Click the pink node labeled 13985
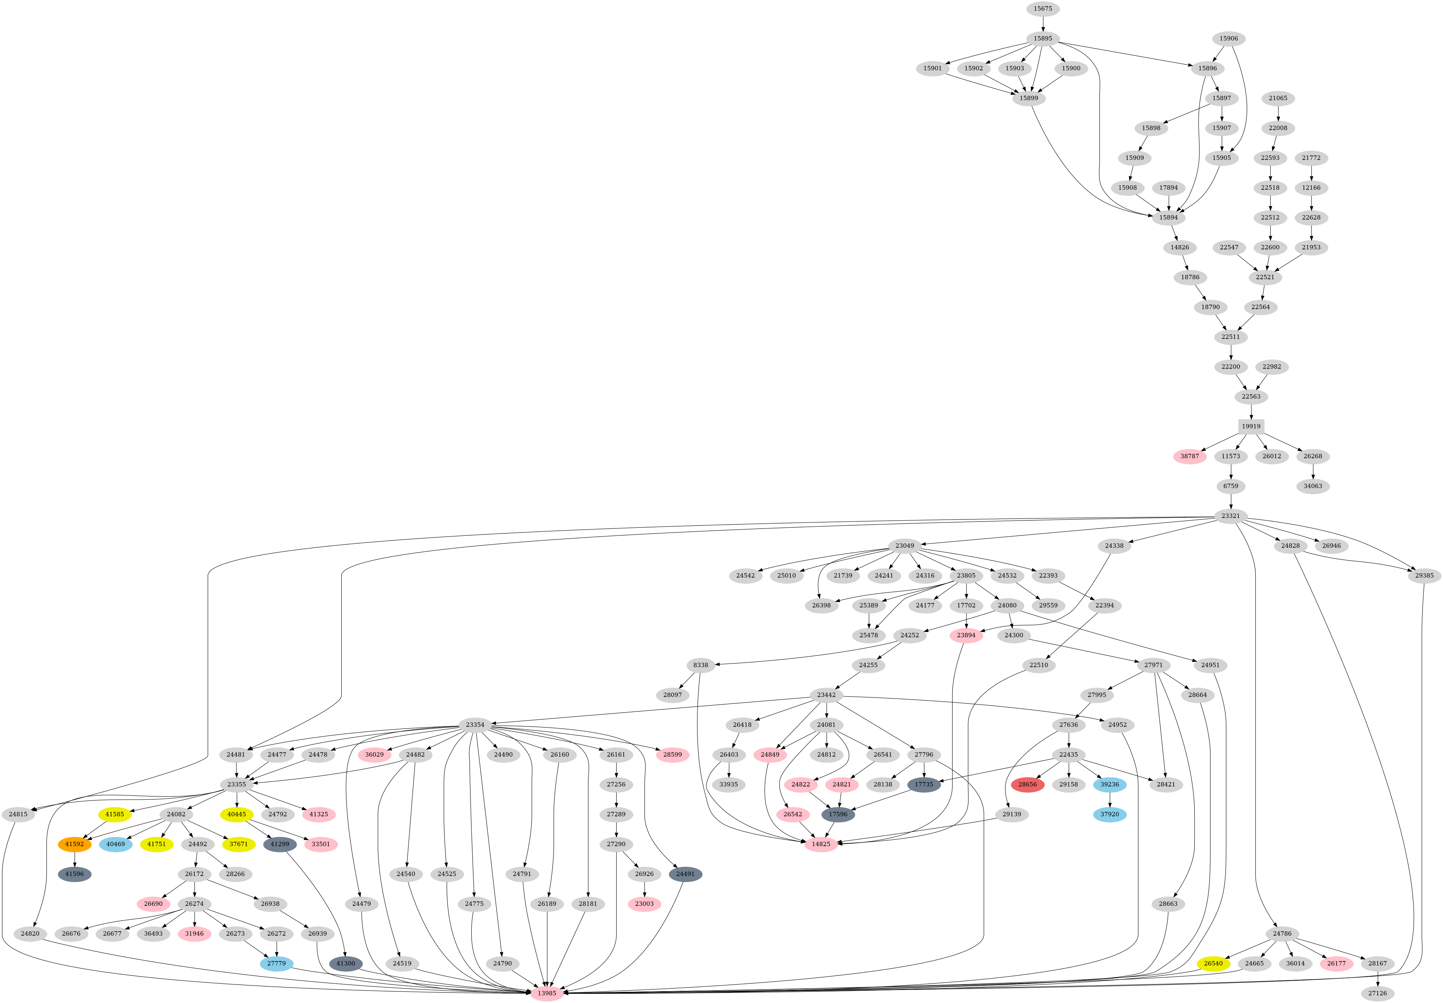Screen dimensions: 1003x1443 pos(547,993)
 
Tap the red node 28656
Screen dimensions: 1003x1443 pos(1027,784)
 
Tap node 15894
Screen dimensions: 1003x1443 pos(1168,217)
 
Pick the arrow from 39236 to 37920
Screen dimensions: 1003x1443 pos(1110,799)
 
